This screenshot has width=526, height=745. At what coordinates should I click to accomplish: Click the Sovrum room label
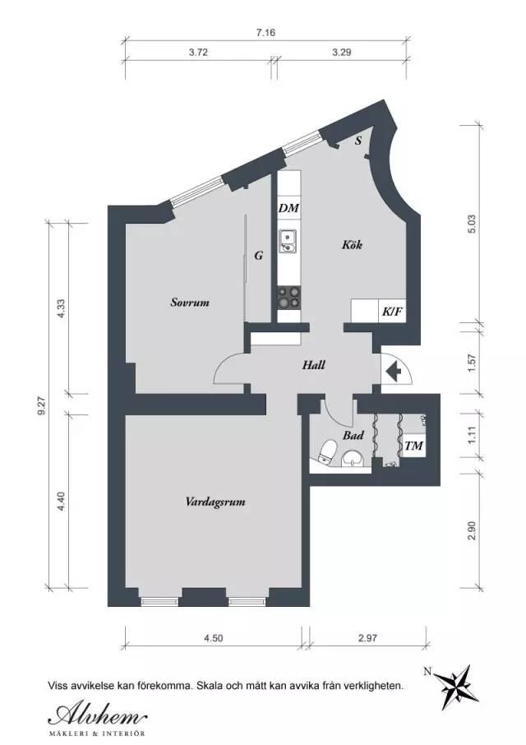[190, 303]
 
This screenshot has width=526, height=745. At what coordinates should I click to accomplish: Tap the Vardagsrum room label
[215, 502]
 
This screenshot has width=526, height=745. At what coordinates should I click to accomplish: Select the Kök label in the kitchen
[353, 245]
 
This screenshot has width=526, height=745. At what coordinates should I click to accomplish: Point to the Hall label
[314, 365]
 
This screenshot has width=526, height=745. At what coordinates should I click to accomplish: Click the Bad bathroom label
[353, 435]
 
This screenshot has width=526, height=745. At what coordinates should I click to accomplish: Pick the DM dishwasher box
[289, 208]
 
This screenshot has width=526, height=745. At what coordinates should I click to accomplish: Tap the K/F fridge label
[392, 312]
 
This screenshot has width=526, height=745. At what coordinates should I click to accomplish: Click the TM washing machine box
[413, 446]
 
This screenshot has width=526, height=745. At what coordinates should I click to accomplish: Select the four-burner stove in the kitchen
[289, 297]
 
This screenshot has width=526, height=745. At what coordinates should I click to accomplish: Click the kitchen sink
[288, 242]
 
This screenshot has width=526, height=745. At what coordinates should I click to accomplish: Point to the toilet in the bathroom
[327, 451]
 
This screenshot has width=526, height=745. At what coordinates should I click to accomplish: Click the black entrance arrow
[393, 371]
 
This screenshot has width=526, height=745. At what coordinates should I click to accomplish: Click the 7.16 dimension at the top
[265, 33]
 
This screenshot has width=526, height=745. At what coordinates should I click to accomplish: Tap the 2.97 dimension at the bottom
[368, 637]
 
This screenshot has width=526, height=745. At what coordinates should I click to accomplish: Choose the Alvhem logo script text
[97, 715]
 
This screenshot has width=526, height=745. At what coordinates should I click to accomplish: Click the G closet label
[259, 256]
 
